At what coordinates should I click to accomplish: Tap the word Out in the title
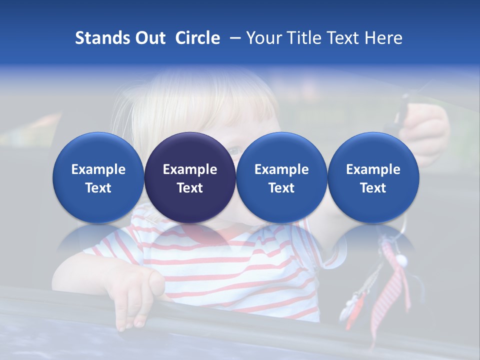(x=149, y=38)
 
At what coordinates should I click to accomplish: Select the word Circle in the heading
(x=197, y=38)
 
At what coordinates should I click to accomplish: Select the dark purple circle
(x=190, y=178)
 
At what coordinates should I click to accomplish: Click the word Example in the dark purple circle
(x=190, y=169)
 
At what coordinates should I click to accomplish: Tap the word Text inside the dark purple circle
(x=190, y=188)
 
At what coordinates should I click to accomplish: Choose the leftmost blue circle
(x=98, y=178)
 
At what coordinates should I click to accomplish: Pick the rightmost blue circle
(x=373, y=178)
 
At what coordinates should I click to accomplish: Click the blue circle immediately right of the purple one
(x=281, y=178)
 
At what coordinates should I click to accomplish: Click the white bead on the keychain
(x=400, y=260)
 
